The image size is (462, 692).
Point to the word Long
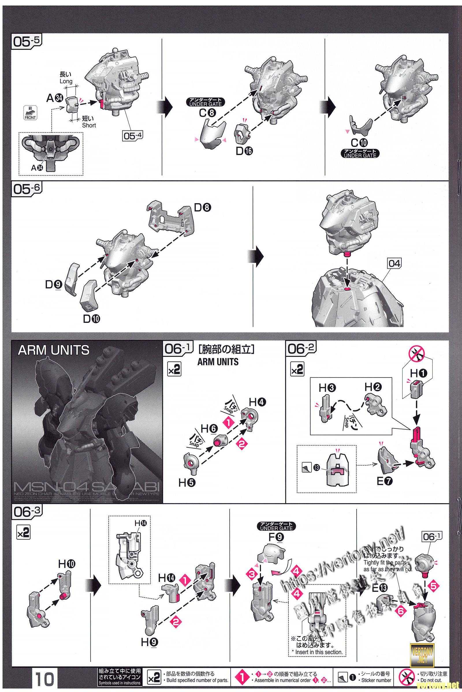point(66,81)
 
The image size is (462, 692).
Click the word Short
point(89,125)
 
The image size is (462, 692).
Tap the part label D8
point(203,208)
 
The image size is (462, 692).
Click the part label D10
point(91,319)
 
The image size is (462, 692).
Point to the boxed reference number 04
point(394,264)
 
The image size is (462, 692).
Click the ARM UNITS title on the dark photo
point(54,350)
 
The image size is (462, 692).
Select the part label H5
point(187,483)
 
